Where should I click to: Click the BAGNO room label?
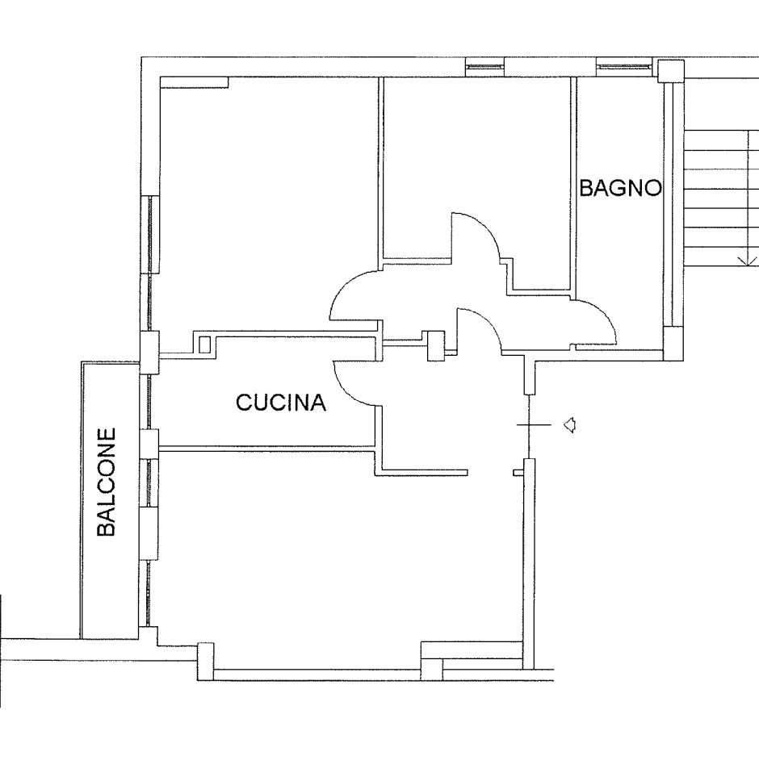[621, 188]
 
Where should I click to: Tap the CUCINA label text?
[281, 403]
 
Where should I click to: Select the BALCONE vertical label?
[107, 482]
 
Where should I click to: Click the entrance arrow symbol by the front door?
[569, 424]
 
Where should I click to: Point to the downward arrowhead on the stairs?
[748, 261]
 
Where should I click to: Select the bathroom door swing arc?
[602, 315]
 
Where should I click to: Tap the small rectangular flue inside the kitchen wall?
[204, 345]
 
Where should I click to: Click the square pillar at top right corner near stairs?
[671, 71]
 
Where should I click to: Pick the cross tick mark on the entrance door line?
[534, 424]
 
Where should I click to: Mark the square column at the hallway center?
[436, 346]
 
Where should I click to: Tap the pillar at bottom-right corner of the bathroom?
[673, 343]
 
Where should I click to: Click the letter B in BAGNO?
[587, 188]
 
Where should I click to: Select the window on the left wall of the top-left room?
[153, 235]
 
